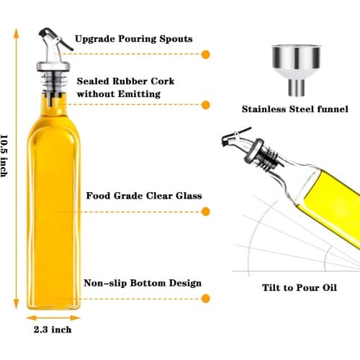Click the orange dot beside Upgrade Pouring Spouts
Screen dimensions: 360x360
pos(205,55)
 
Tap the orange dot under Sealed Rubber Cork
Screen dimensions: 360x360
pos(205,105)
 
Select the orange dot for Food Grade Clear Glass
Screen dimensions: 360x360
pos(205,212)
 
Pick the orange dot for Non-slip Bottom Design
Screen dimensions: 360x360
pos(205,299)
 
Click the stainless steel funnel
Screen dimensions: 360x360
pos(297,71)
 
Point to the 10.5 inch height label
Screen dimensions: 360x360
pos(4,156)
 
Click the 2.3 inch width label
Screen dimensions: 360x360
pos(53,330)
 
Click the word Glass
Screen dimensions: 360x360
pos(189,196)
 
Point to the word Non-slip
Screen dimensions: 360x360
pos(105,283)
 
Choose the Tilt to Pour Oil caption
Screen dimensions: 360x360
pos(300,287)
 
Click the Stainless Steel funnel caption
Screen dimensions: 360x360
pos(295,109)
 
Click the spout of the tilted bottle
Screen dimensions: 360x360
pos(236,138)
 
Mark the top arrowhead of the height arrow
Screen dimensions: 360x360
pos(16,33)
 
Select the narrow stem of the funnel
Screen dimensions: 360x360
pos(297,88)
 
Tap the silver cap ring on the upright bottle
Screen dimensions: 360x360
pos(53,66)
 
